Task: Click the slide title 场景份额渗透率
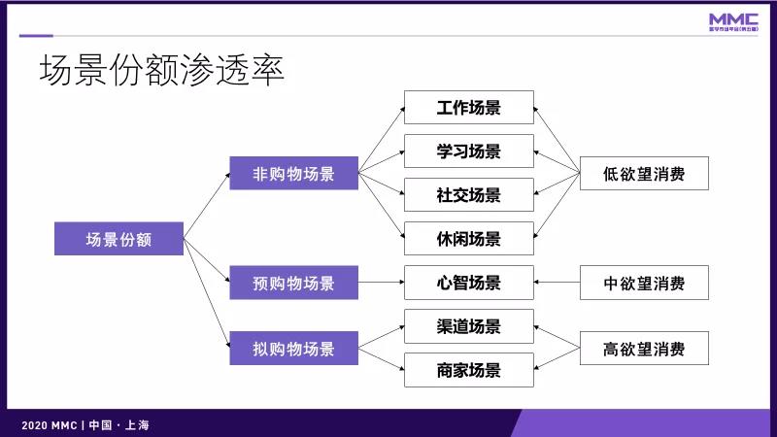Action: [161, 71]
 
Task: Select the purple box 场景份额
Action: [119, 239]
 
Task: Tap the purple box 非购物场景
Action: [293, 174]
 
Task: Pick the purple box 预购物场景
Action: [293, 284]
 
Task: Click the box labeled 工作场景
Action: [469, 107]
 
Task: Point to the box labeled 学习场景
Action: [469, 151]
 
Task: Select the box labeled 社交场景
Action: [469, 194]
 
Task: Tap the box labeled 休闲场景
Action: [469, 238]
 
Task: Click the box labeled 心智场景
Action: [469, 283]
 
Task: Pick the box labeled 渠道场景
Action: [469, 326]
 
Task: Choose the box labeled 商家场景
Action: [469, 370]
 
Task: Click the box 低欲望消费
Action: [644, 174]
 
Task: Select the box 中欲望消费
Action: [644, 284]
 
